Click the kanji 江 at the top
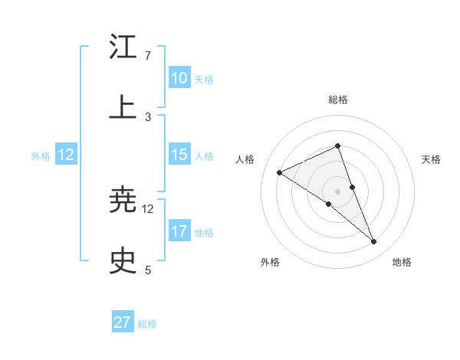click(123, 47)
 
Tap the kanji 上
click(123, 108)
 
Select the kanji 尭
click(123, 200)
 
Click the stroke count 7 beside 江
click(148, 56)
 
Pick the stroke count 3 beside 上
click(148, 117)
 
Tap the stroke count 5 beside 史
click(148, 270)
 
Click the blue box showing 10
click(179, 78)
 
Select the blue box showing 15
click(179, 155)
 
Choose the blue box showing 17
click(179, 231)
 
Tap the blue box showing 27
click(123, 322)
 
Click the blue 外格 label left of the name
click(41, 155)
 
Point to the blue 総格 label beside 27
click(147, 324)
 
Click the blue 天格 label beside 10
click(203, 79)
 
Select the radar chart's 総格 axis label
click(337, 100)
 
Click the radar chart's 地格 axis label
click(402, 262)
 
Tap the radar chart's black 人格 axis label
click(245, 159)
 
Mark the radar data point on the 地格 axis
click(374, 242)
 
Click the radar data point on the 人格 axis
click(280, 172)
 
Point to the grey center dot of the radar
click(337, 191)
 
